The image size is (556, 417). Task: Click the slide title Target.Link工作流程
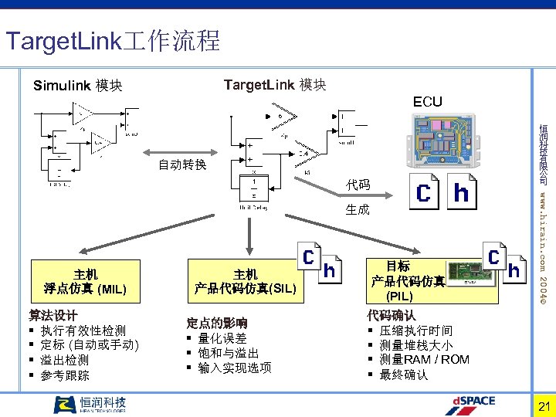pos(113,40)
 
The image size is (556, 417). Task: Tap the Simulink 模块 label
pos(78,86)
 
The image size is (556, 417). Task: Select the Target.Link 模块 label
pos(274,85)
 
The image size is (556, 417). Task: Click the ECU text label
pos(428,102)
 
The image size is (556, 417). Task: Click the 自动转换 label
pos(182,164)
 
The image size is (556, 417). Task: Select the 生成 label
pos(358,209)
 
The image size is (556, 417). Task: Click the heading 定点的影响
pos(217,323)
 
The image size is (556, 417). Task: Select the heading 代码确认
pos(392,315)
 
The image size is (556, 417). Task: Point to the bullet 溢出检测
pos(65,360)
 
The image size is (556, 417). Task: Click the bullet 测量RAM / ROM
pos(424,359)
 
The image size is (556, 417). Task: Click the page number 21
pos(542,407)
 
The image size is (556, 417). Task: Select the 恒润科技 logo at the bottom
pos(90,405)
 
